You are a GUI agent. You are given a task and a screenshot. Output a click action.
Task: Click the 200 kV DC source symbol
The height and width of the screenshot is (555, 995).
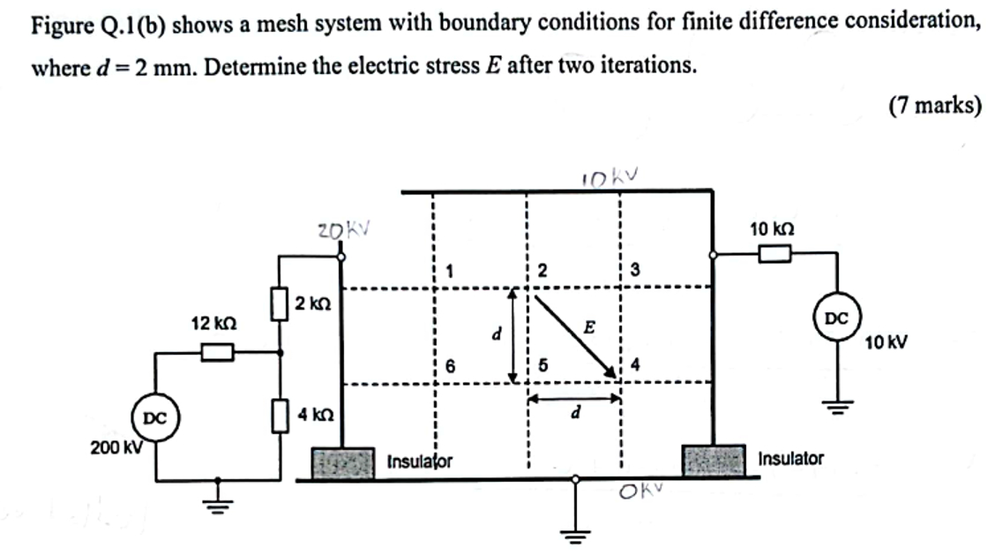[x=155, y=416]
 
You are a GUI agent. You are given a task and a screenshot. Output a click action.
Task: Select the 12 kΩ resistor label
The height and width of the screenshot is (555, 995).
[x=211, y=323]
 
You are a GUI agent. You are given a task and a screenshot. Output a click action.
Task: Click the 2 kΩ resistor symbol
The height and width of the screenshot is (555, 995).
[x=281, y=304]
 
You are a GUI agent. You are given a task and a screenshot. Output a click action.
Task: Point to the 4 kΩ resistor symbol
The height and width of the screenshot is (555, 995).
[x=281, y=415]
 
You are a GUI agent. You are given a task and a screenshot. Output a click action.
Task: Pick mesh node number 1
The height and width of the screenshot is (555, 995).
[x=450, y=271]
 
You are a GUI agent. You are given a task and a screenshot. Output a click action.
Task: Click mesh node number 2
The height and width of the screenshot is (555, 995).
[x=542, y=271]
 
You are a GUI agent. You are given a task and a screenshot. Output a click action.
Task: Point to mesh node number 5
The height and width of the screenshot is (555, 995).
[x=543, y=364]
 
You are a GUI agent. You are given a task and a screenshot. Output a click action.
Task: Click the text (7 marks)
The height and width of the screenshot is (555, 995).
[x=935, y=106]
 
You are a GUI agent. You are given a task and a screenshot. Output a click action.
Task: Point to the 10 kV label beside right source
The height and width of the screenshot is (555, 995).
[x=887, y=341]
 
